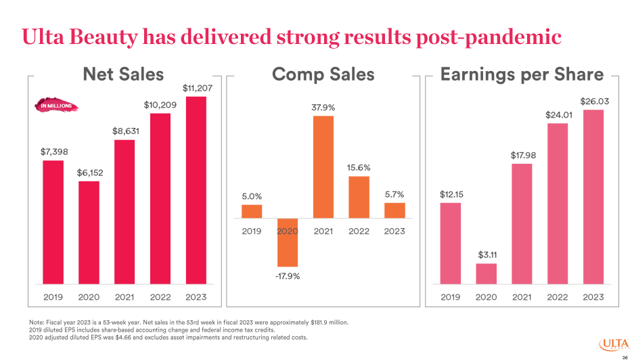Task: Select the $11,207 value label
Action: coord(196,88)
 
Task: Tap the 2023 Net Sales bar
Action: coord(196,189)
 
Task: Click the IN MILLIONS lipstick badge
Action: coord(56,106)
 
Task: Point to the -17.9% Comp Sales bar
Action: coord(288,242)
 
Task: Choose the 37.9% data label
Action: coord(323,108)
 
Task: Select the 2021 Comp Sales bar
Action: coord(323,167)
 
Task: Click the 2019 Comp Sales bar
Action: coord(252,211)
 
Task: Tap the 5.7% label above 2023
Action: coord(394,194)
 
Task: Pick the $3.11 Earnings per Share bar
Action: coord(486,273)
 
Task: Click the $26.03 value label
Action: coord(593,102)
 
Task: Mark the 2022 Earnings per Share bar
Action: coord(558,203)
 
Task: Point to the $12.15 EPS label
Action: coord(451,194)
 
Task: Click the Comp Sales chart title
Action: coord(323,74)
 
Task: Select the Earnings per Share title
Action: coord(522,74)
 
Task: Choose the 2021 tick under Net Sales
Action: coord(125,296)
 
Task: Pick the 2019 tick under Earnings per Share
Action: coord(451,296)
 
